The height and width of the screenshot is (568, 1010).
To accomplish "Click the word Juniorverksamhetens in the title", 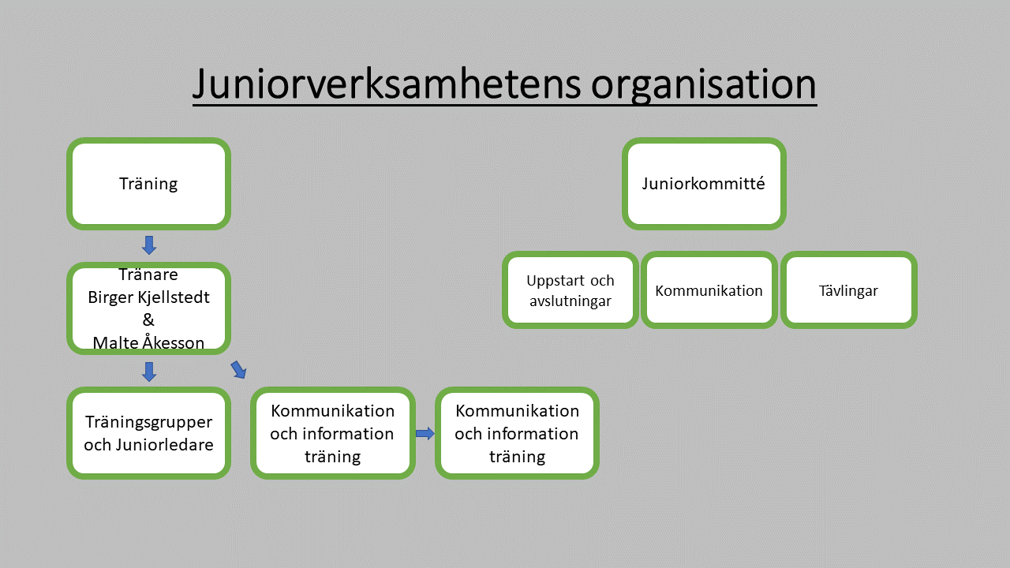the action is (x=387, y=84).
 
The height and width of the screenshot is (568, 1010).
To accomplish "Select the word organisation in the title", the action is (x=703, y=86).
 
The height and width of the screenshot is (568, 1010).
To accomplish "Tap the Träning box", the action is (x=149, y=184).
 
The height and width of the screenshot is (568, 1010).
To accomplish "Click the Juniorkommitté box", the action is (x=704, y=184).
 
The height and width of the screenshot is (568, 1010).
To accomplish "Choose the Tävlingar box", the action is (x=848, y=290).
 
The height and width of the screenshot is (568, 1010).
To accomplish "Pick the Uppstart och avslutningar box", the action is (x=570, y=290).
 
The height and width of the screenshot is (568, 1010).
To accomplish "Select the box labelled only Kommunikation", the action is (x=709, y=290).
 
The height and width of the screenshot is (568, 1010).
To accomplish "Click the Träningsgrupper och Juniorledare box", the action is (x=149, y=433).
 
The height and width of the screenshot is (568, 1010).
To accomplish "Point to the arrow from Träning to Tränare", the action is (x=149, y=245).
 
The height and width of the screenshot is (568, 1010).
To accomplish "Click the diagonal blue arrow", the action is (x=238, y=370).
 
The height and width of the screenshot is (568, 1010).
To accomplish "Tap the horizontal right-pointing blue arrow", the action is (x=425, y=434).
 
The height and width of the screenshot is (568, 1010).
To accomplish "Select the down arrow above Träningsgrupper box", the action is (x=149, y=372).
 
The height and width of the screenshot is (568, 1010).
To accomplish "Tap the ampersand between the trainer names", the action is (x=148, y=320).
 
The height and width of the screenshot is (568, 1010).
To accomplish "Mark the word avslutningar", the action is (x=570, y=301).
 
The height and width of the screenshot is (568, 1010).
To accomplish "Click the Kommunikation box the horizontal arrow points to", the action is (x=517, y=433).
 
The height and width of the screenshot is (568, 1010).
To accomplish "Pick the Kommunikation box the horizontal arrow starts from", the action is (x=333, y=433).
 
